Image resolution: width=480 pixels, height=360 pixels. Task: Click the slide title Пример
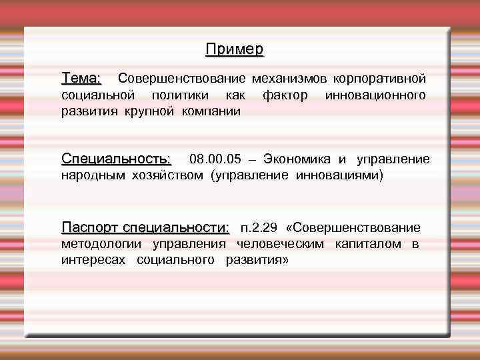tap(235, 49)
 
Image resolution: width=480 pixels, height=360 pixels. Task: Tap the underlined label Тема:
tap(81, 79)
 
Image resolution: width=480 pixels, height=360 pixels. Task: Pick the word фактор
tap(285, 95)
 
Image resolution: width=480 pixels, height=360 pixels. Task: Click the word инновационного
tap(375, 95)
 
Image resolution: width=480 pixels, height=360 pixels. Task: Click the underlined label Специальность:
tap(116, 159)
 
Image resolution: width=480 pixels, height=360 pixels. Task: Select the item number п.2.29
tap(259, 228)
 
